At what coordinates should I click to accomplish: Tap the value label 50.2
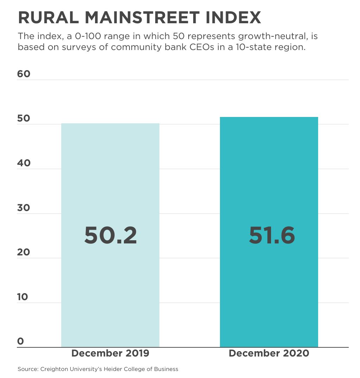110,235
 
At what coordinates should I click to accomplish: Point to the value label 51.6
272,235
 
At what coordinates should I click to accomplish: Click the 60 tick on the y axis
24,74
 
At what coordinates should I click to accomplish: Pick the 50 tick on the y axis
24,118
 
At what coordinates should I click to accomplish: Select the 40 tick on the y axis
24,163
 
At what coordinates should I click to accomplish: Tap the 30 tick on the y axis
24,208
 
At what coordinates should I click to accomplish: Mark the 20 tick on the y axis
24,252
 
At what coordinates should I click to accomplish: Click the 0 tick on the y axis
20,341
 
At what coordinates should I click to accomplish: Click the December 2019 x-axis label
110,353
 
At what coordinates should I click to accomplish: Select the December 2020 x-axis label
269,353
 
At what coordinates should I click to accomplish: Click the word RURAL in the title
46,18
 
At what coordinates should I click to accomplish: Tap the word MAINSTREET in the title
141,18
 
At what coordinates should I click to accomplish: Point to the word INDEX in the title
234,18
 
